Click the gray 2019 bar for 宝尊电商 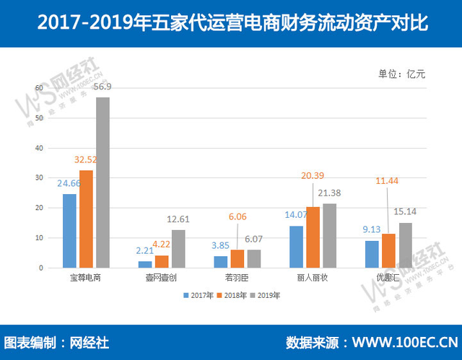click(x=103, y=183)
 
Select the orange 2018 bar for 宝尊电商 click(x=86, y=219)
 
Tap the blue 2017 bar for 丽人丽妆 click(x=296, y=247)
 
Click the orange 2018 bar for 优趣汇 click(x=388, y=250)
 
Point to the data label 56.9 click(x=103, y=88)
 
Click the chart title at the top click(x=231, y=24)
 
